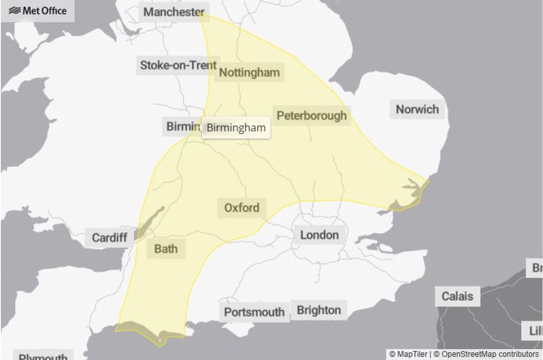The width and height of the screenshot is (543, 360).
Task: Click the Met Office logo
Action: (38, 11)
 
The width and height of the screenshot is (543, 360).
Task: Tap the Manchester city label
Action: (174, 12)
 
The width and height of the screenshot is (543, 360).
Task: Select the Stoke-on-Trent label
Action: (178, 65)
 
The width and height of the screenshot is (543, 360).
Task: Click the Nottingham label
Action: (249, 72)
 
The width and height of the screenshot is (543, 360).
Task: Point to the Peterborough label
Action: (311, 116)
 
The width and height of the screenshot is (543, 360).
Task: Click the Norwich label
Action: (417, 109)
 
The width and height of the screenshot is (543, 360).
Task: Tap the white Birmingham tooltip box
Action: (236, 128)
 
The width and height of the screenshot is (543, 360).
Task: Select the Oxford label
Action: (242, 208)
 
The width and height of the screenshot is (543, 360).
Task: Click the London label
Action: (319, 235)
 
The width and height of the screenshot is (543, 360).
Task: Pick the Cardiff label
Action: (110, 237)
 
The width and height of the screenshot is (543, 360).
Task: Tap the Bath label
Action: (166, 249)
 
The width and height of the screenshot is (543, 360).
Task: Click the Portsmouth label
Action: (254, 312)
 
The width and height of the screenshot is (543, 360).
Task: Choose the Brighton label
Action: (319, 310)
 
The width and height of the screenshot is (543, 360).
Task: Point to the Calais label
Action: (457, 296)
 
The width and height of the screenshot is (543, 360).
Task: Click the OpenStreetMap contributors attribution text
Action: (490, 354)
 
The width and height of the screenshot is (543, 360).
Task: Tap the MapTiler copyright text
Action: (409, 354)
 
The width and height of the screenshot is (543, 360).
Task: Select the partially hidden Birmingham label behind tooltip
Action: (181, 127)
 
